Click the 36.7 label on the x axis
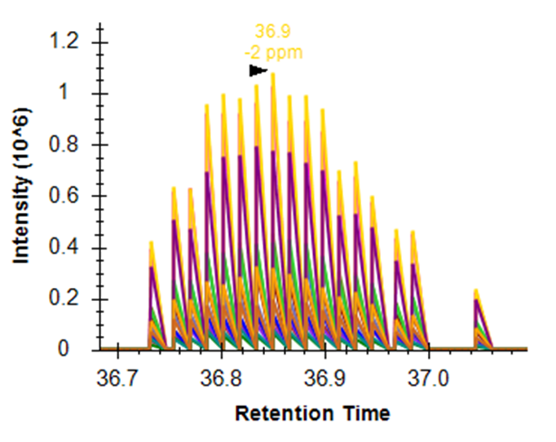click(118, 379)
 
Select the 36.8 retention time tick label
click(222, 379)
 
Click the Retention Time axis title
click(313, 413)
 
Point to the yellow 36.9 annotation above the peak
click(273, 32)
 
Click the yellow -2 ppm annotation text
click(273, 53)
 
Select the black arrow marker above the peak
click(258, 71)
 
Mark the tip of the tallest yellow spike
click(273, 74)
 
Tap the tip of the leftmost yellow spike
click(151, 242)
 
